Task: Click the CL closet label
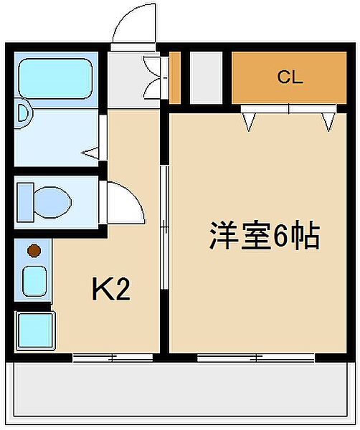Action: point(290,77)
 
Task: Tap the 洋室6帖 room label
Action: point(264,236)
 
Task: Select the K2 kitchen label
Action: point(111,290)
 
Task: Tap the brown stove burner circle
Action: point(33,251)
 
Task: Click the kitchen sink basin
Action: point(34,280)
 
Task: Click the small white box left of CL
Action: point(206,77)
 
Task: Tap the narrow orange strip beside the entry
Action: point(174,77)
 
